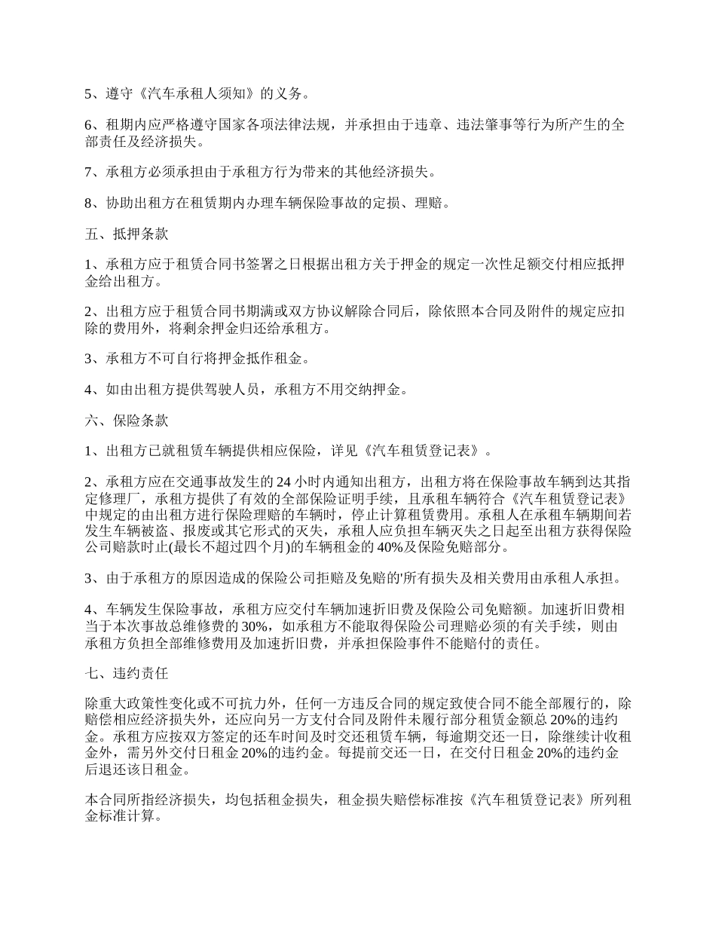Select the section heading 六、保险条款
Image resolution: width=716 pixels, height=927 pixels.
[127, 421]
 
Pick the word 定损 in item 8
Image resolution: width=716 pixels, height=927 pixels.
[372, 203]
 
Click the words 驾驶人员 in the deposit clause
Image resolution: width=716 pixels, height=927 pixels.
[231, 390]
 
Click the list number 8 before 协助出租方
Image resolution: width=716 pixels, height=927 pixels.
[89, 203]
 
